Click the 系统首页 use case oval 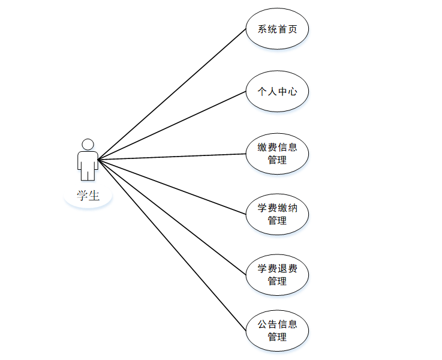[x=277, y=29]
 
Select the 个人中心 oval [x=277, y=92]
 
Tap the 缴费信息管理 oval [x=277, y=154]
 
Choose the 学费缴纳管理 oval [x=277, y=214]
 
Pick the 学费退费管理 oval [x=277, y=275]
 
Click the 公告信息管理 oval [x=277, y=331]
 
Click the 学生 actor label [x=88, y=196]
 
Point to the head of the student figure [x=88, y=144]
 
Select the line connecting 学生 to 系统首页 [x=172, y=94]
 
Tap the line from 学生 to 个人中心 [x=172, y=126]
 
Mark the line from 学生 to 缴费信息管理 [x=172, y=157]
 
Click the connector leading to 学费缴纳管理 [x=172, y=187]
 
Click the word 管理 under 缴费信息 [x=277, y=160]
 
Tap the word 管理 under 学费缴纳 [x=277, y=221]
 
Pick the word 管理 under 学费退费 [x=277, y=281]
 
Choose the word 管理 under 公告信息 [x=277, y=337]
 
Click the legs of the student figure [x=88, y=174]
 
